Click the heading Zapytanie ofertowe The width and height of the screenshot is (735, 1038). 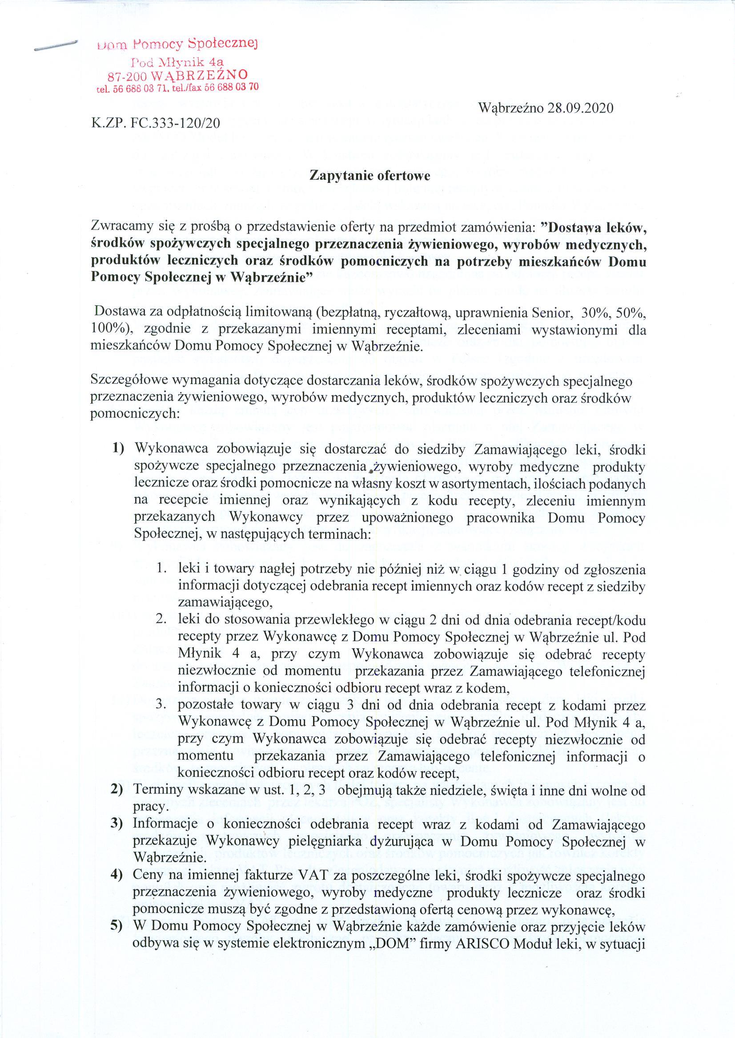pyautogui.click(x=369, y=176)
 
